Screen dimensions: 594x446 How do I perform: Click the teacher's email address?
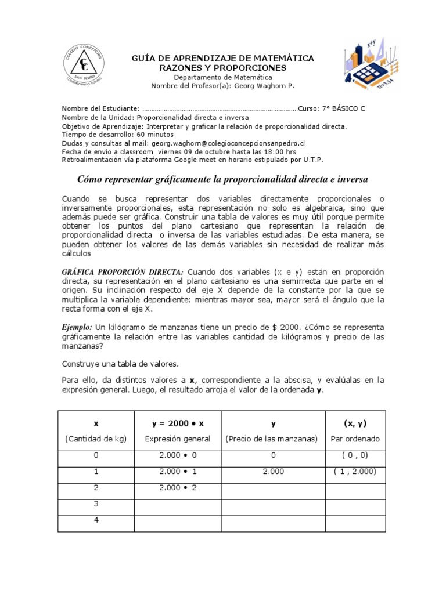tap(226, 143)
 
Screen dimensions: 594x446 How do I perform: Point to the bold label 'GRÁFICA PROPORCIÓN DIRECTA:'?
tap(123, 272)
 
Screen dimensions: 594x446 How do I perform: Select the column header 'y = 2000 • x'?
tap(178, 423)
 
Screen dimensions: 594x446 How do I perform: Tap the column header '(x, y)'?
tap(354, 423)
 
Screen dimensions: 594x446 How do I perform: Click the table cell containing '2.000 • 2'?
tap(178, 488)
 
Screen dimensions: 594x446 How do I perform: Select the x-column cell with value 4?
tap(96, 520)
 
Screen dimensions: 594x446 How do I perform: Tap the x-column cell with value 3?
tap(96, 504)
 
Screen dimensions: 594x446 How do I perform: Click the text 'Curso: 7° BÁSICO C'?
tap(332, 108)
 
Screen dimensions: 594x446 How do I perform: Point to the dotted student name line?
tap(220, 108)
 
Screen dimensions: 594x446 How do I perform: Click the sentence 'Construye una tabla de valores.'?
tap(120, 364)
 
